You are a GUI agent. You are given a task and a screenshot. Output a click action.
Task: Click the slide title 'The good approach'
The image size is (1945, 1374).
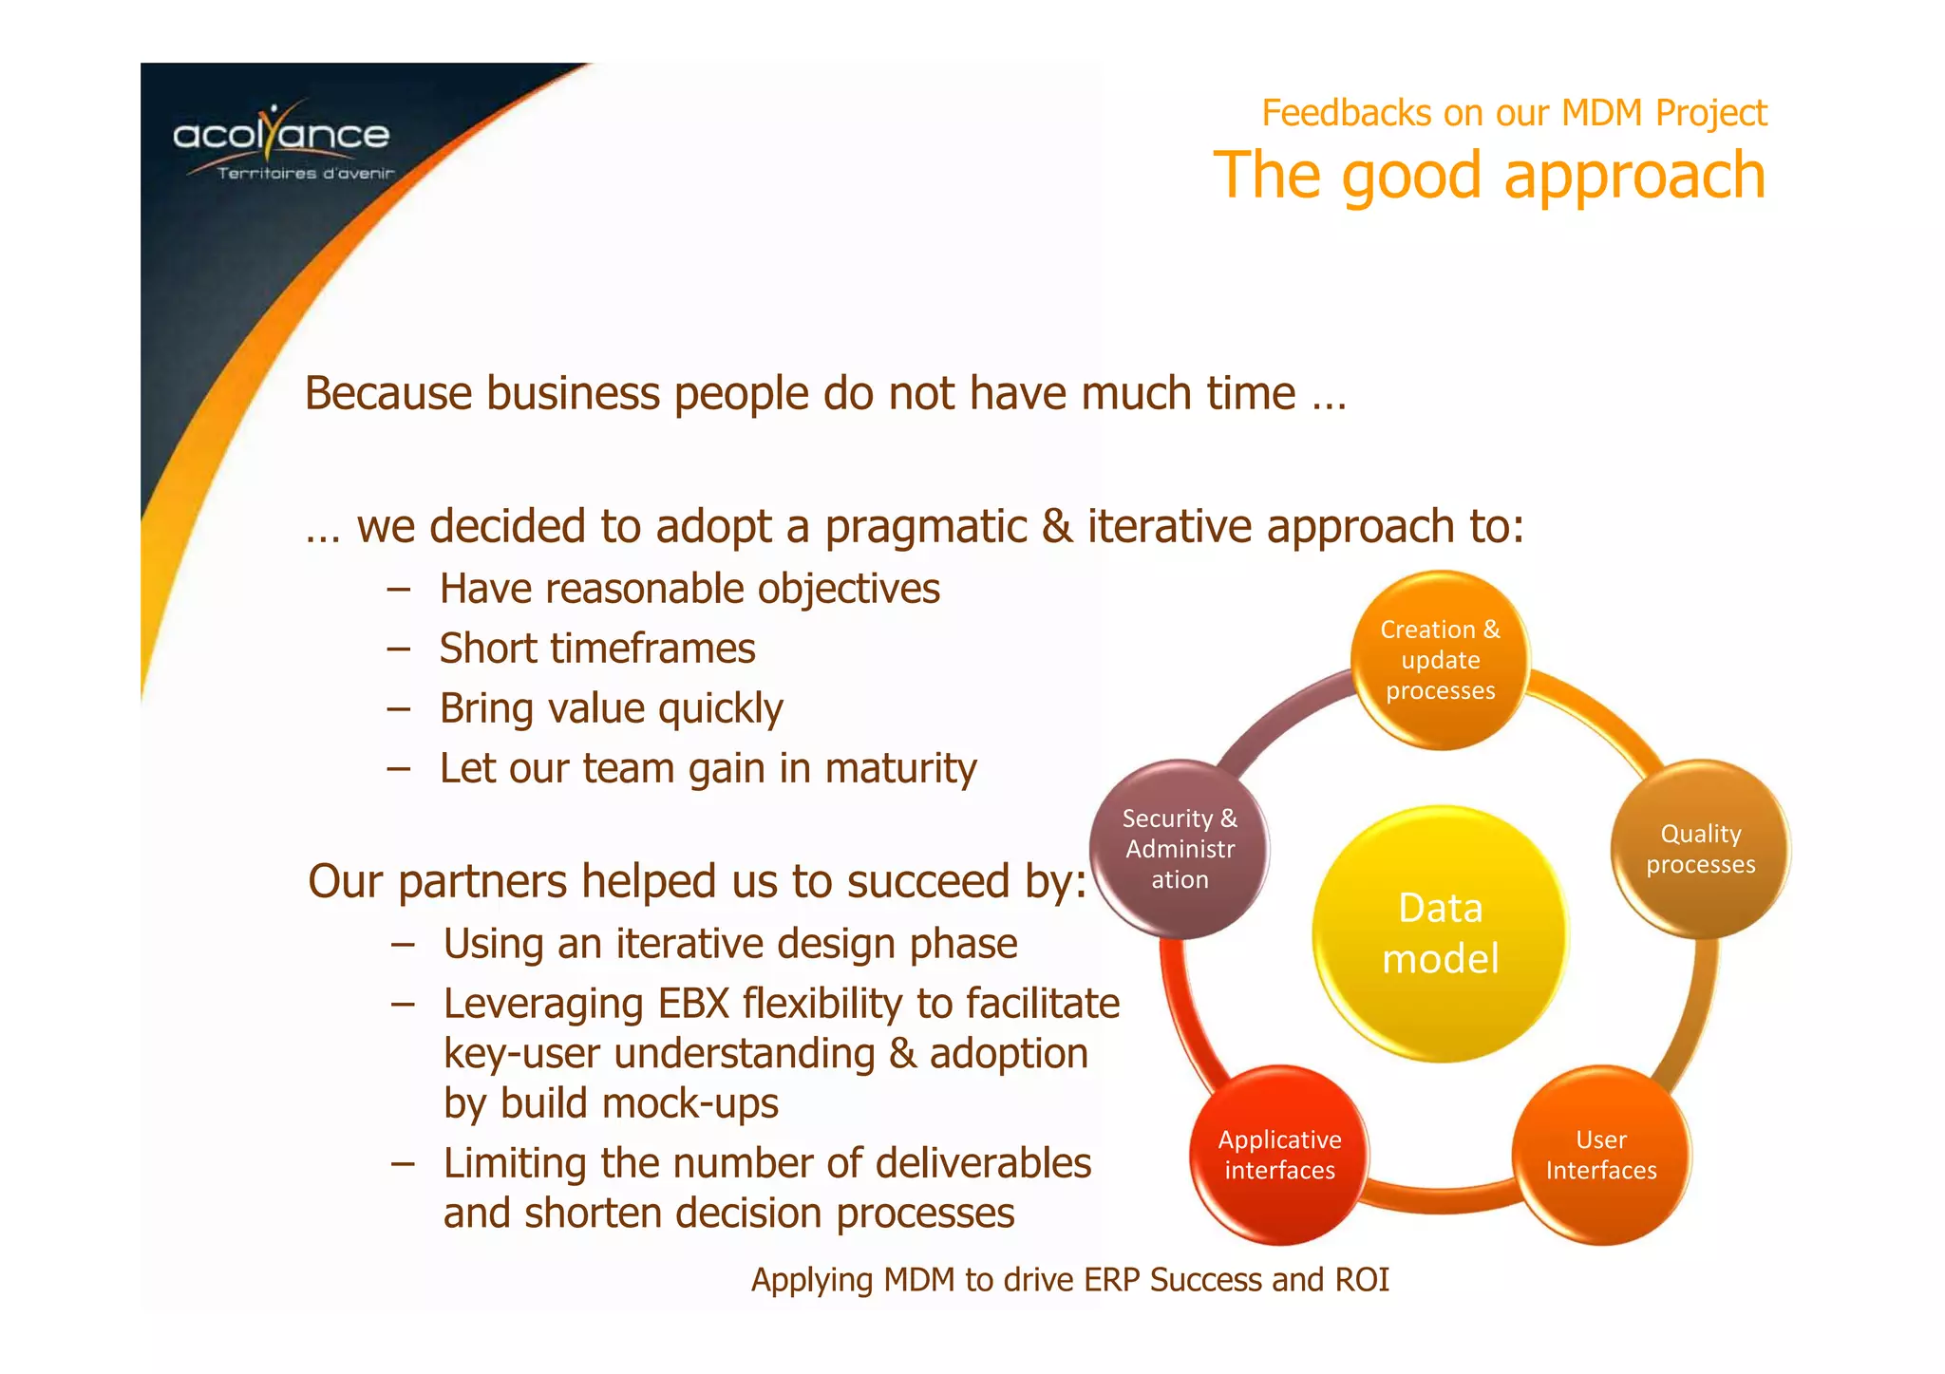[1488, 176]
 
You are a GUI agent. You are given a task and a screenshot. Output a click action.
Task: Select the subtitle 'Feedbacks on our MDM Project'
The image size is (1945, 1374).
[1513, 113]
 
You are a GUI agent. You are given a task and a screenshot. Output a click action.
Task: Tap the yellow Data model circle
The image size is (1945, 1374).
[1440, 933]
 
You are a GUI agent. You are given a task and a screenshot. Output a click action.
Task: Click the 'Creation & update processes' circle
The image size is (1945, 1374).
[1440, 660]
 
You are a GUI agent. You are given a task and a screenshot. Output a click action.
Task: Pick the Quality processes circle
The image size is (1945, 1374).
[1700, 849]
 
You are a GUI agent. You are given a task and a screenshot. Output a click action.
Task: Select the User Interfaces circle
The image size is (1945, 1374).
[1600, 1155]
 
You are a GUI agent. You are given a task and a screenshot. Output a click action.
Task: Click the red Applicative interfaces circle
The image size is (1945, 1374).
[1279, 1155]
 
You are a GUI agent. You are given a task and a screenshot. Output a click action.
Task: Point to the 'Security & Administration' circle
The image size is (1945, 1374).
[1180, 849]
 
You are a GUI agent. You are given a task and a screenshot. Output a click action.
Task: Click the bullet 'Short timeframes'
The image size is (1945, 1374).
[596, 649]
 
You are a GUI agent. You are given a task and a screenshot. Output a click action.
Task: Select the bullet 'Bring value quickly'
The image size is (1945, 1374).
[611, 709]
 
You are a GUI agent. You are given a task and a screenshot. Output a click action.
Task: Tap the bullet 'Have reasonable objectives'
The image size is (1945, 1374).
[689, 590]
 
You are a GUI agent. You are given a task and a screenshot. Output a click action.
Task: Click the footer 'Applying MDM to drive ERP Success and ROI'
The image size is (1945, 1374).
[1069, 1280]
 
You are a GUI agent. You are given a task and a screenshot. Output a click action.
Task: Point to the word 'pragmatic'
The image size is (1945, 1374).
[925, 527]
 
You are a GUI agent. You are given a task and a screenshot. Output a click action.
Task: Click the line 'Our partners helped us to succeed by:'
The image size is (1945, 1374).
[697, 881]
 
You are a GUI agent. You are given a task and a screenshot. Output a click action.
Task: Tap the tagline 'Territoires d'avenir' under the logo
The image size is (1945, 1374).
[305, 174]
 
